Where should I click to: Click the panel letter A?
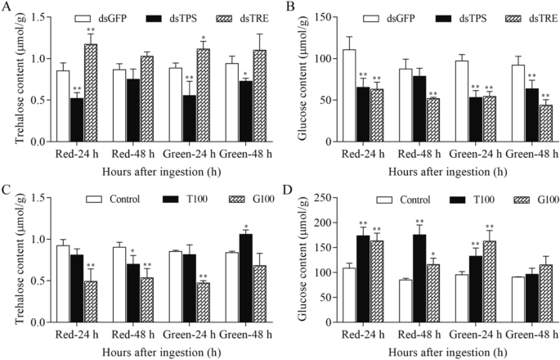[x=6, y=7]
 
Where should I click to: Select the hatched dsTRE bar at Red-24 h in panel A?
[x=92, y=94]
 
